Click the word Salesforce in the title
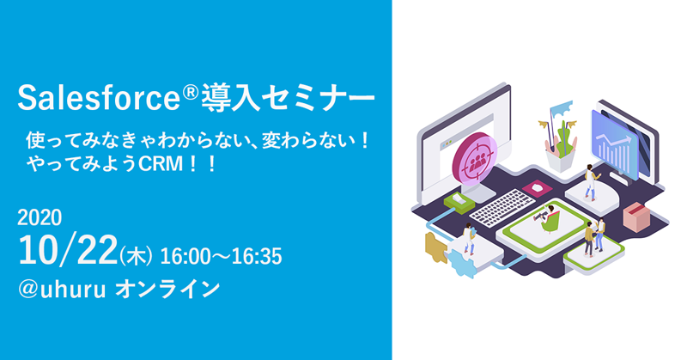tap(99, 98)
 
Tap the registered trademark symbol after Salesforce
tap(190, 92)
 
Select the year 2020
tap(40, 217)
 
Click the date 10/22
tap(68, 250)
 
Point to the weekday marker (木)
tap(136, 256)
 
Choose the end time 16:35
tap(257, 257)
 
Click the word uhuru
tap(73, 290)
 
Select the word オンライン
tap(167, 290)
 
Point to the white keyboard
tap(502, 207)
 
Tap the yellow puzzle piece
tap(435, 247)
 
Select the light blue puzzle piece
tap(459, 262)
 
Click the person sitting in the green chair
tap(548, 218)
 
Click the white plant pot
tap(560, 161)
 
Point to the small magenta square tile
tap(538, 188)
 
